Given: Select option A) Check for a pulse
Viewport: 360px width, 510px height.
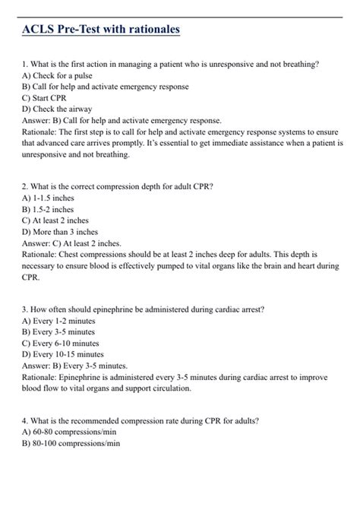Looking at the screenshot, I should tap(54, 76).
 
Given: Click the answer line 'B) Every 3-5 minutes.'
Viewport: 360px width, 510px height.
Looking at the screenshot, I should tap(78, 365).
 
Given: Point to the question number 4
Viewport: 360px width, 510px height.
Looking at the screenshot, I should tap(24, 420).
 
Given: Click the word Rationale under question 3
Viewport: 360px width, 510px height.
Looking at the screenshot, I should tap(41, 376).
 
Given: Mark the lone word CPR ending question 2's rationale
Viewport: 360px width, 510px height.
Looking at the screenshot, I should tap(32, 277).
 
